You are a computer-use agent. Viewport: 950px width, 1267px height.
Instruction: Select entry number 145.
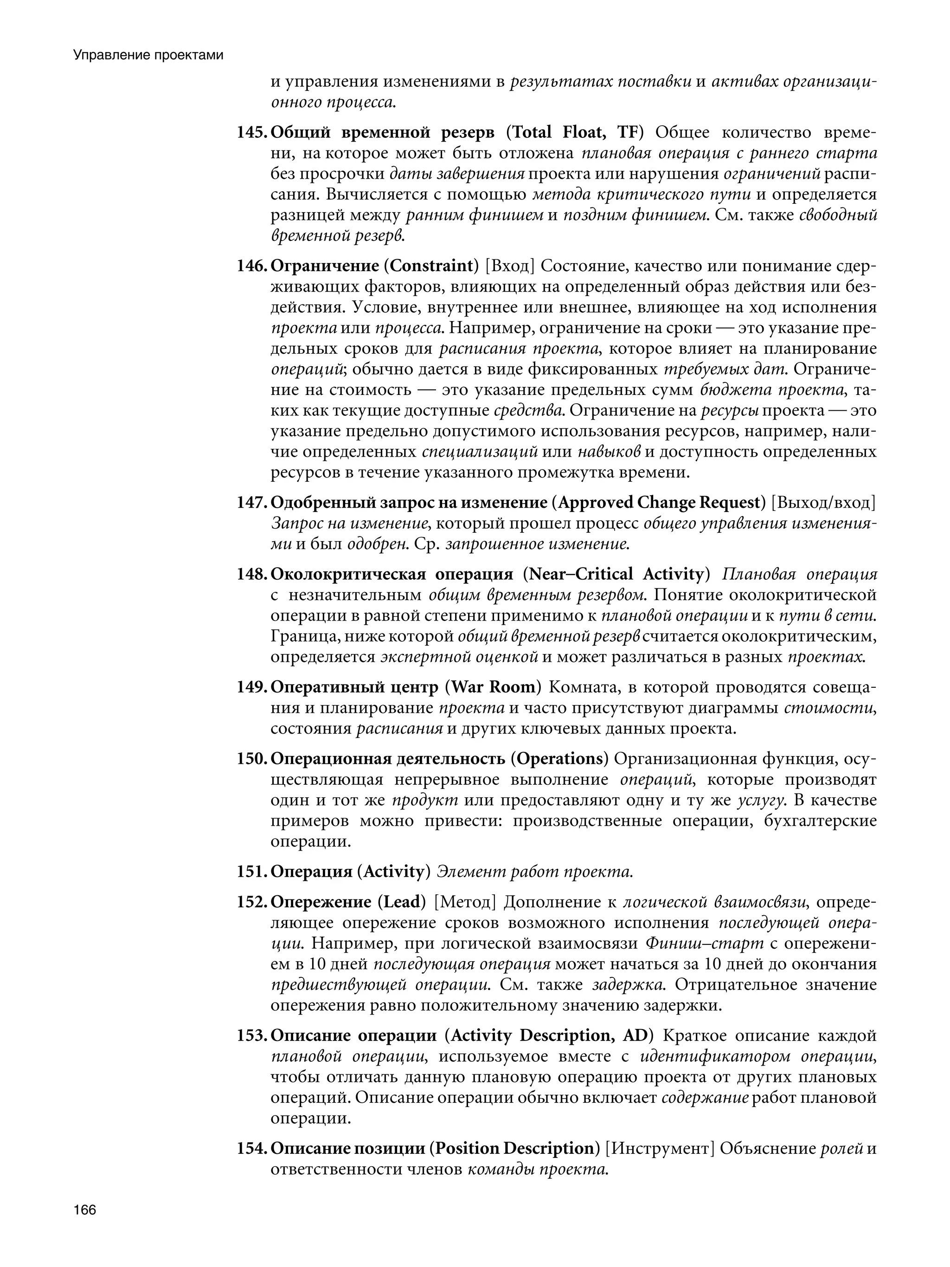tap(252, 133)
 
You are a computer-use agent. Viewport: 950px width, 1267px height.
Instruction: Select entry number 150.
tap(252, 759)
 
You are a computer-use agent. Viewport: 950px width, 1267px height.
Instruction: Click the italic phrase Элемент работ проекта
tap(535, 872)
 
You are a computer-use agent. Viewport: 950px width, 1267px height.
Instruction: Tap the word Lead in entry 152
tap(401, 902)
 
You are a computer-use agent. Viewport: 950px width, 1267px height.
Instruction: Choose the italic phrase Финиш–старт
tap(704, 944)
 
